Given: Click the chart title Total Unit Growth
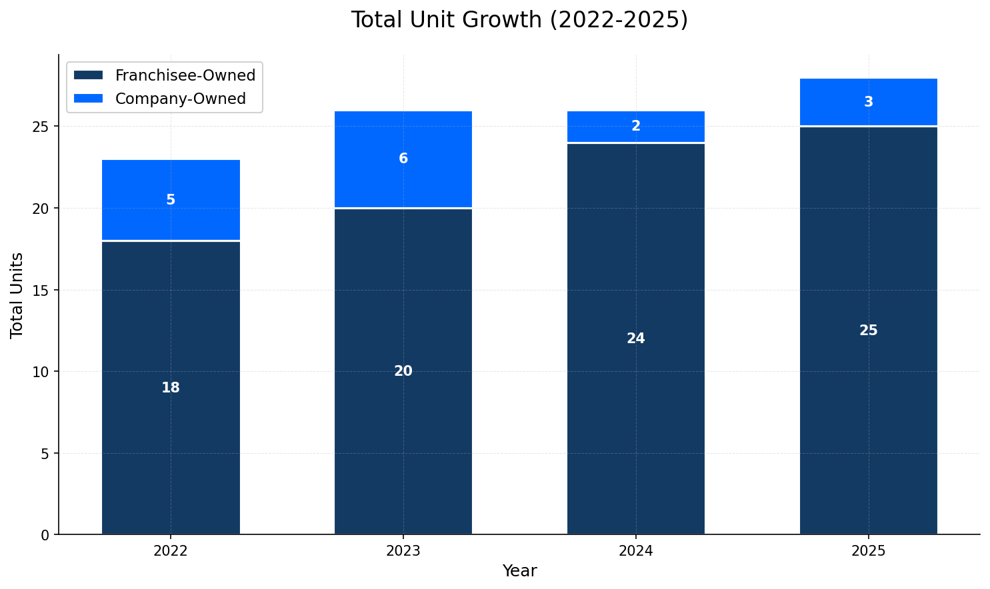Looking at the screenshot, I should [x=519, y=20].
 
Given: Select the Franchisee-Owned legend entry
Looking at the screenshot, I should [x=185, y=75].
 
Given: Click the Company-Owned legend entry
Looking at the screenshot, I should [x=180, y=99].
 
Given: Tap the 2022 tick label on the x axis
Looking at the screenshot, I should [x=171, y=551].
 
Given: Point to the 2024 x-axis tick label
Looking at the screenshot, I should [x=635, y=551].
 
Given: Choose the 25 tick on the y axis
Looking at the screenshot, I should [x=41, y=127].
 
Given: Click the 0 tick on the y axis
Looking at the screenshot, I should [x=45, y=535].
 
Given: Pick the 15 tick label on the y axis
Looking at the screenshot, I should [x=41, y=291].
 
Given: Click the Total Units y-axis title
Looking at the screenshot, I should [x=17, y=295].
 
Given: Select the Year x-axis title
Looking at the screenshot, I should [x=519, y=571].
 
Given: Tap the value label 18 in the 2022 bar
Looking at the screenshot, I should [x=171, y=388].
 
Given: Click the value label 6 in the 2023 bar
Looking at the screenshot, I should [x=403, y=159].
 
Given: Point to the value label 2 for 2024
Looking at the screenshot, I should [x=635, y=126].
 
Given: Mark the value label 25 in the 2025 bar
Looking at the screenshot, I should [x=868, y=330].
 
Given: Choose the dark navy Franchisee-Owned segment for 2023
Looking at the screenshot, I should [x=403, y=433].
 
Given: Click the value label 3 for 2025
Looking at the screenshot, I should [x=868, y=102].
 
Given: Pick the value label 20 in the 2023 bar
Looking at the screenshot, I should [x=403, y=371].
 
